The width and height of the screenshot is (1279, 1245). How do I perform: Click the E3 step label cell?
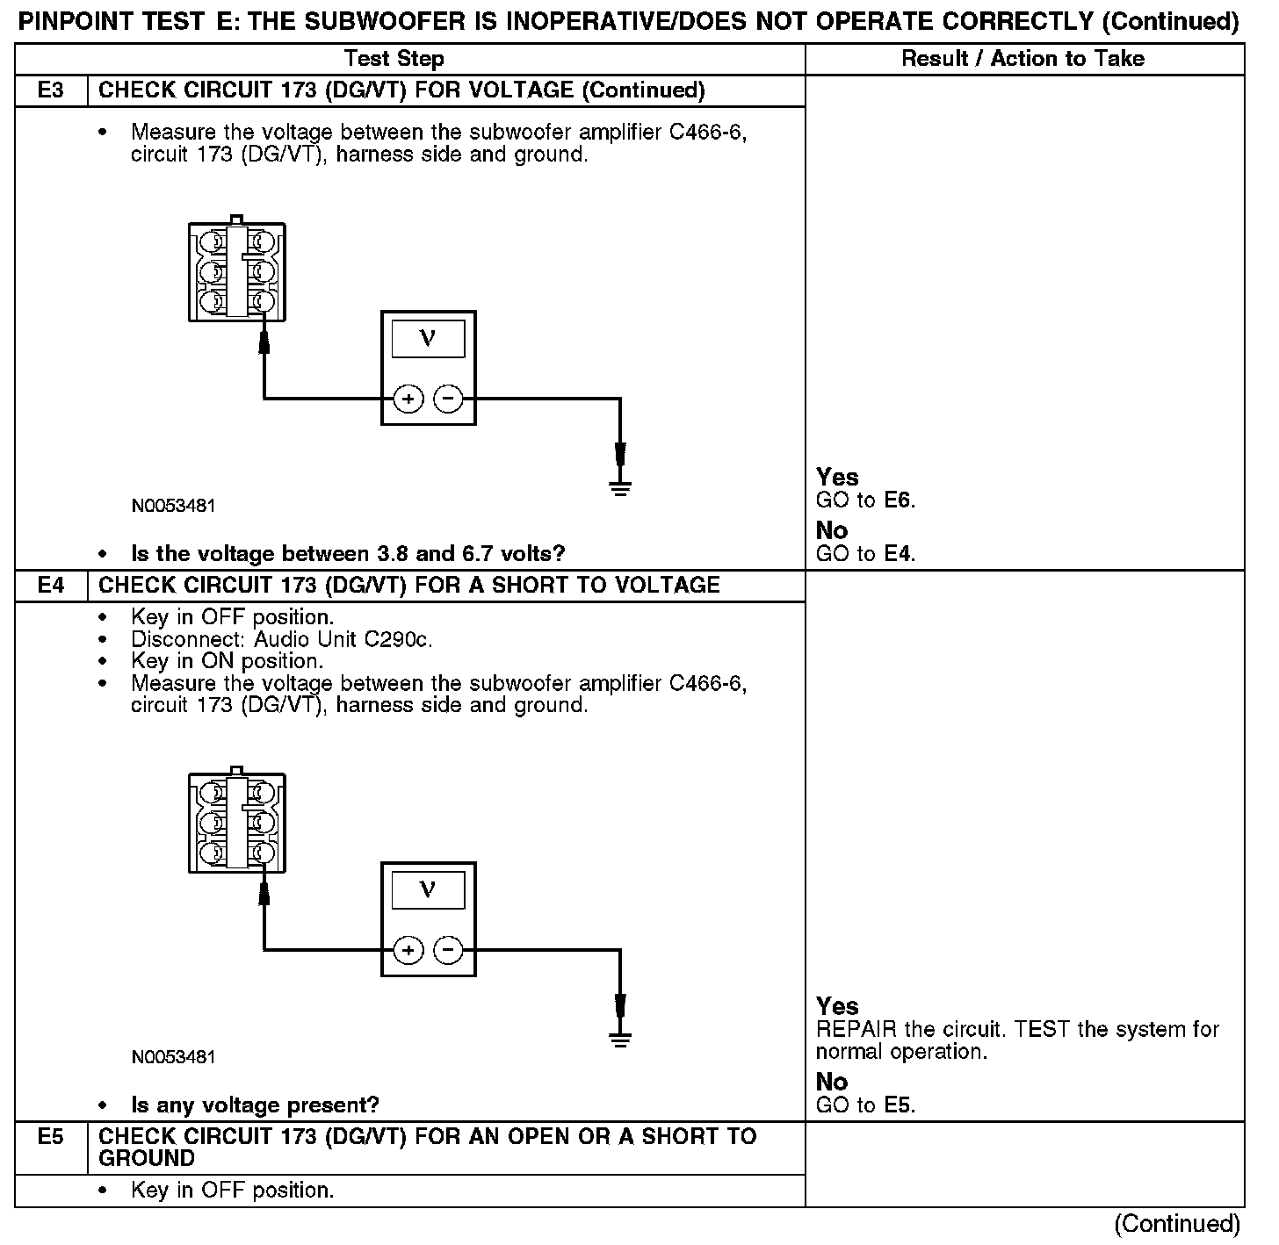[51, 90]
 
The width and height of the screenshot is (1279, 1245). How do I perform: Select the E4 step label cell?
[51, 586]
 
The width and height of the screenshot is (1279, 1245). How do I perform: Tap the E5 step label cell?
[51, 1138]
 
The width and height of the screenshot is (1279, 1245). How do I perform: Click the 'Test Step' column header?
[394, 59]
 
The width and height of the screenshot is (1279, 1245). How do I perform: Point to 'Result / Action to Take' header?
[1023, 59]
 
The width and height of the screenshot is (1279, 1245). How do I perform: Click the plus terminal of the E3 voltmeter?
[408, 399]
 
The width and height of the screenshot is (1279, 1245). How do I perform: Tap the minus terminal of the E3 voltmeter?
[448, 399]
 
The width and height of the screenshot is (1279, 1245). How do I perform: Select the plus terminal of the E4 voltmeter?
[408, 950]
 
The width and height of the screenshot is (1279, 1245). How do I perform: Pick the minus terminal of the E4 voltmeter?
[448, 950]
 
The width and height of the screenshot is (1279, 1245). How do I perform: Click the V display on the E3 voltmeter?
[428, 339]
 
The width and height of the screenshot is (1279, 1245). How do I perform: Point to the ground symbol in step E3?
[620, 487]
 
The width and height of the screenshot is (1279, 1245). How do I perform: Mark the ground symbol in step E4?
[620, 1038]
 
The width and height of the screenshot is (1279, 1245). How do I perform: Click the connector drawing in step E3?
[236, 271]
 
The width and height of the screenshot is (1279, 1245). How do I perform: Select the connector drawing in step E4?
[236, 822]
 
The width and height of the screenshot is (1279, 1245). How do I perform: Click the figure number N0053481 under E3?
[173, 507]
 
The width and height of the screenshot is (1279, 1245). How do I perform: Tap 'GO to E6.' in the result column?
[865, 500]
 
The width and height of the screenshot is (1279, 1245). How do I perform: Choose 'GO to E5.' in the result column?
[865, 1105]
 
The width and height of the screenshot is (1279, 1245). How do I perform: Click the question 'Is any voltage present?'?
[255, 1105]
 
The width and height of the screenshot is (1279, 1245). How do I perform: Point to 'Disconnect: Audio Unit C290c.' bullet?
[281, 639]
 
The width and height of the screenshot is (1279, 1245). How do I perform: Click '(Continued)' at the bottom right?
[1177, 1224]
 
